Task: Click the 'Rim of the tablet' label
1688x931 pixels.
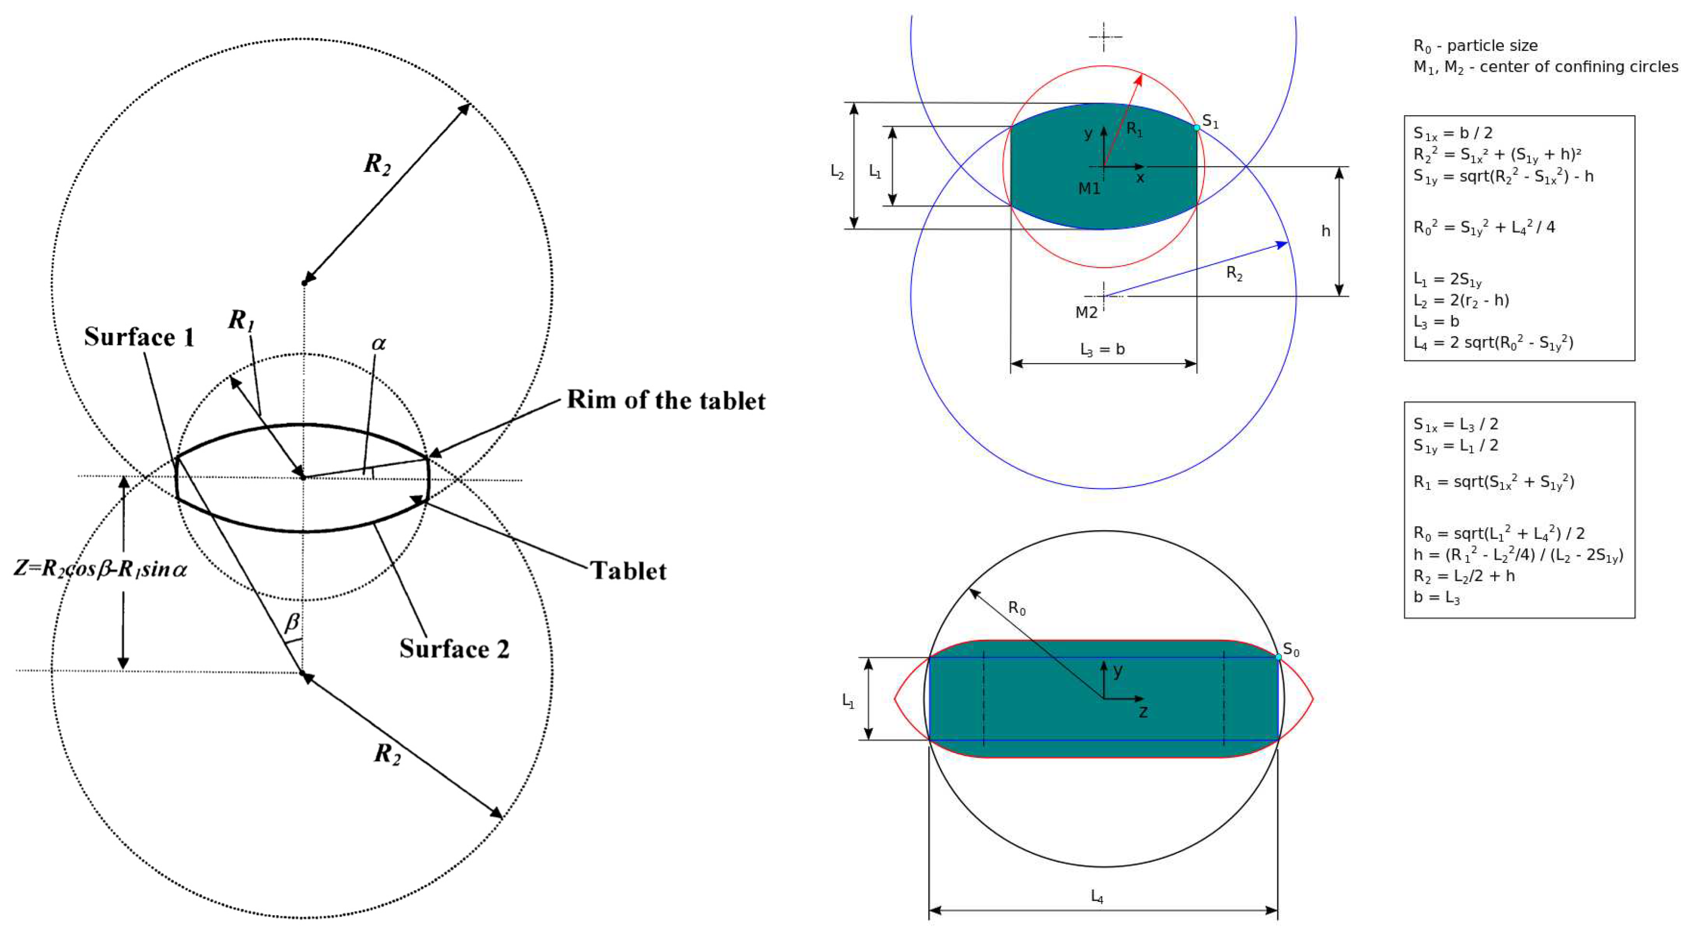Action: click(x=666, y=400)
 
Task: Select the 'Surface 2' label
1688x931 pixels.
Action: click(x=454, y=649)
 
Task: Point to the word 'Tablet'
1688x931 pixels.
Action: click(x=628, y=571)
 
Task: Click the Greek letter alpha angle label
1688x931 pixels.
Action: click(x=378, y=343)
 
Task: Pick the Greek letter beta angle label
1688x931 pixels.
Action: click(x=292, y=622)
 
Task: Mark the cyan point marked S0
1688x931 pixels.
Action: click(x=1278, y=657)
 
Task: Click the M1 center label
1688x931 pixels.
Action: click(x=1089, y=189)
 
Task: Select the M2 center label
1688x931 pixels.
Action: click(x=1086, y=313)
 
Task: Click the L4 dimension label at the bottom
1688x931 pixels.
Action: click(x=1096, y=896)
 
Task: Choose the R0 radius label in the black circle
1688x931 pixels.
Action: click(x=1016, y=609)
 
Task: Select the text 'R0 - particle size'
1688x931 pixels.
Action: click(x=1475, y=46)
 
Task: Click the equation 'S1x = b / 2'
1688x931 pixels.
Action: click(x=1453, y=133)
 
